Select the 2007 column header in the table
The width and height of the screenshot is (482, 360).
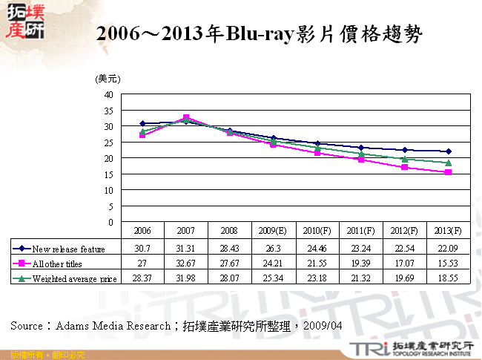pyautogui.click(x=186, y=229)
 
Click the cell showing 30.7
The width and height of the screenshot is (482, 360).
pyautogui.click(x=142, y=248)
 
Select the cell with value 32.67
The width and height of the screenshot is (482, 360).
pyautogui.click(x=186, y=264)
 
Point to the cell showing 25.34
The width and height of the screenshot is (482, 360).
pyautogui.click(x=274, y=278)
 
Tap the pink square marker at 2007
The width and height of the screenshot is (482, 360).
pyautogui.click(x=186, y=118)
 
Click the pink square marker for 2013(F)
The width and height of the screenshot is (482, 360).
pyautogui.click(x=448, y=172)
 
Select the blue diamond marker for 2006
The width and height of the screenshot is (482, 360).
pyautogui.click(x=142, y=124)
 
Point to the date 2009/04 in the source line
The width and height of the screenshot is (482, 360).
pyautogui.click(x=327, y=326)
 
